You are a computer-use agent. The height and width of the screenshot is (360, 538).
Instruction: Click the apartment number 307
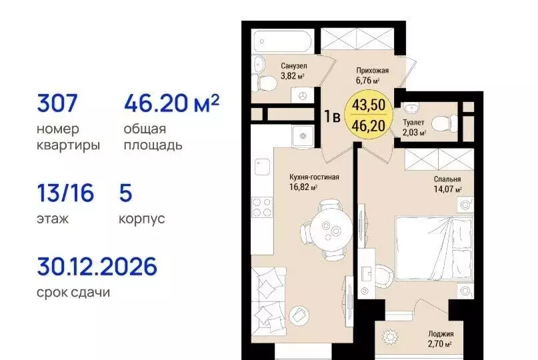59,104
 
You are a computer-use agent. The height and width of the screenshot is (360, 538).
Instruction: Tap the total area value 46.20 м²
171,104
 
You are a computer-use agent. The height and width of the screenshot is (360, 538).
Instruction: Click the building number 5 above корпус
126,194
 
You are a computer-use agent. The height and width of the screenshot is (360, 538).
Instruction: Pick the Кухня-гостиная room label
315,177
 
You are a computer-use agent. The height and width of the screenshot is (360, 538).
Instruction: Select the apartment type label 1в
333,115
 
